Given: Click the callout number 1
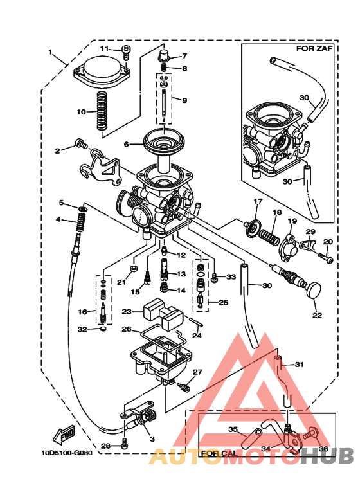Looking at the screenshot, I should [x=51, y=51].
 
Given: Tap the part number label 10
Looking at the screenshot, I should [x=82, y=112].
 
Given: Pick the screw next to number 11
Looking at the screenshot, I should [x=125, y=50].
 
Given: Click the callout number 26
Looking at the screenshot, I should [x=127, y=329].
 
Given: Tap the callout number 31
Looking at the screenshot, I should [x=299, y=365].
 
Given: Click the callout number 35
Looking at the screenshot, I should [x=233, y=429].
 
